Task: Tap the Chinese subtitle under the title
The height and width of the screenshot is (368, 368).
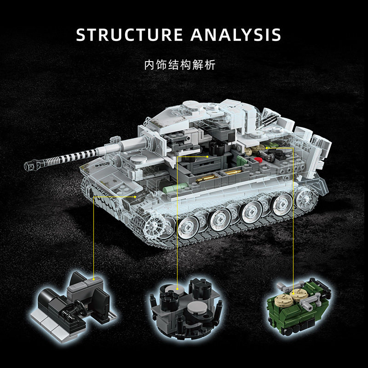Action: [x=179, y=64]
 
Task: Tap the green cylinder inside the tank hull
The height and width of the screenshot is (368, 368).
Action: [x=170, y=188]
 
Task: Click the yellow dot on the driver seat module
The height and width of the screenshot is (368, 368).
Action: [x=93, y=279]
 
